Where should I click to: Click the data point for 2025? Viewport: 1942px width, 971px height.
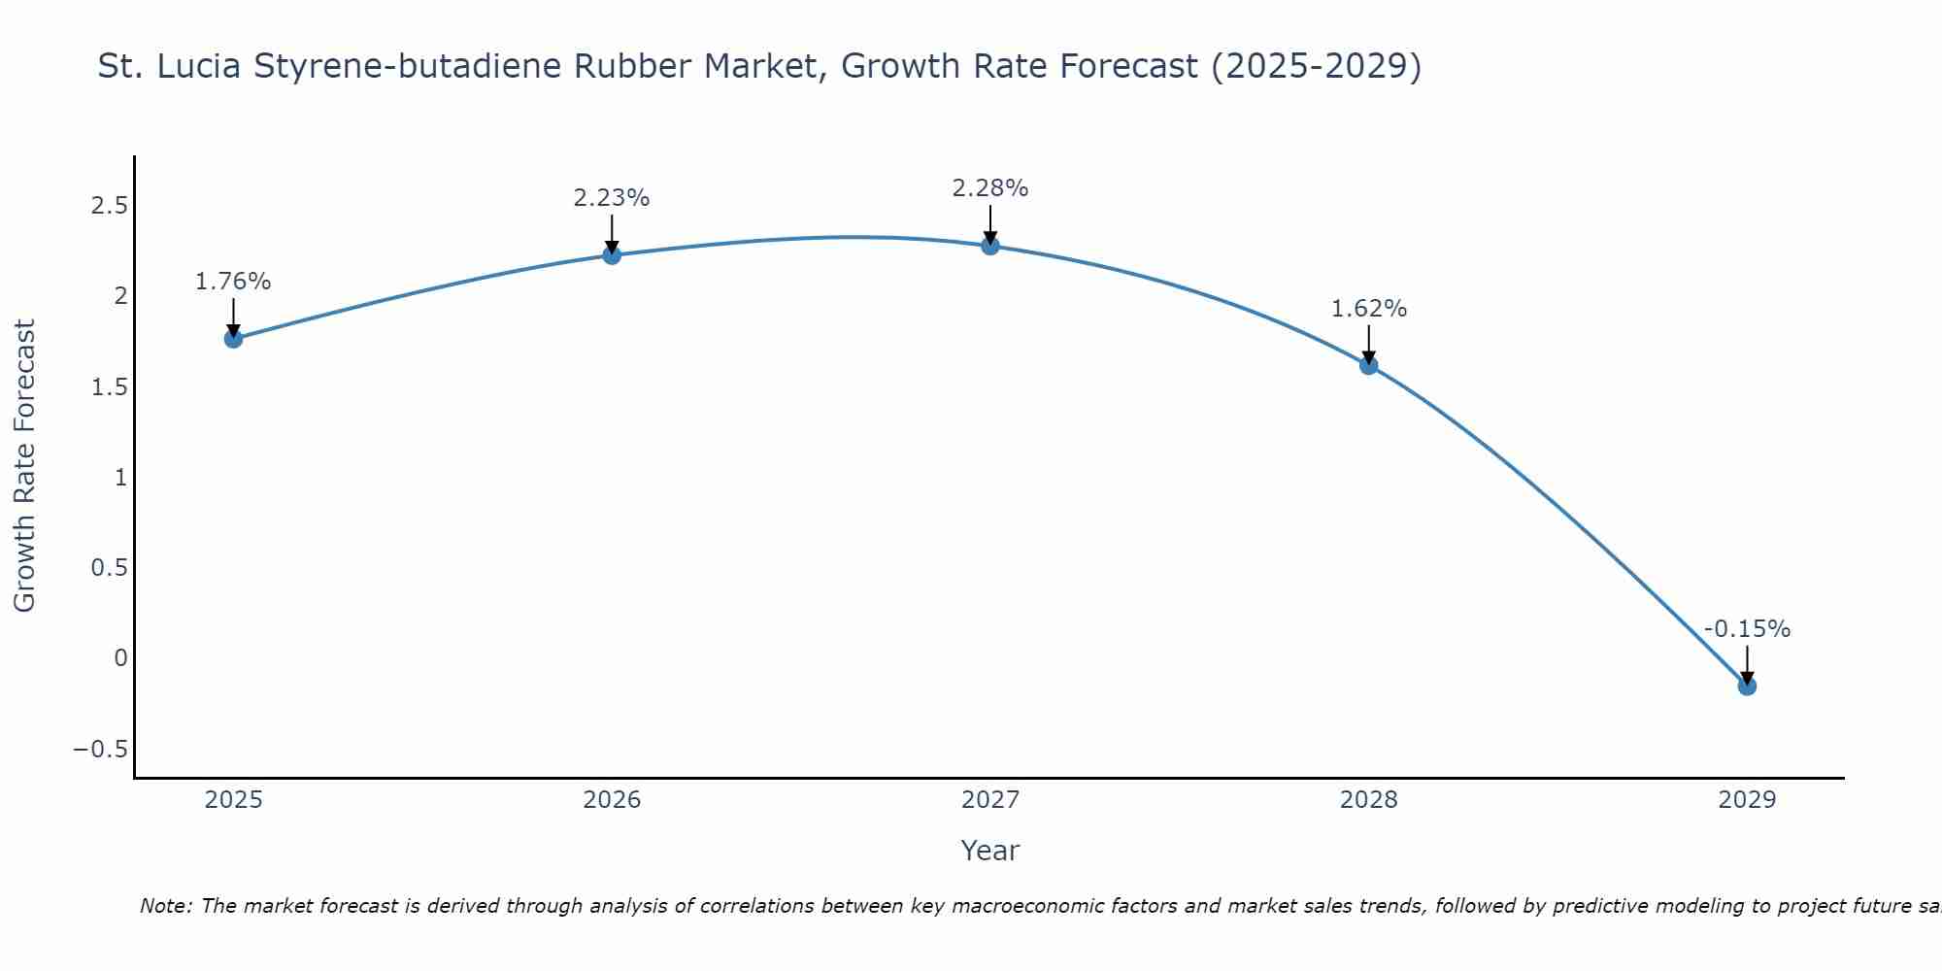[233, 339]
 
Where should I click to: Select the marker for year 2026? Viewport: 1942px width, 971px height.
[612, 255]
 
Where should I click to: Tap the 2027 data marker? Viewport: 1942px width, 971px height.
[990, 246]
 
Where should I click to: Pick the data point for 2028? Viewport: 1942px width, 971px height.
[1369, 365]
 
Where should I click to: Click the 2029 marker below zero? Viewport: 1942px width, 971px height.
[1747, 686]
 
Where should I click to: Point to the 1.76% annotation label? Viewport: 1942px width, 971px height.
[233, 282]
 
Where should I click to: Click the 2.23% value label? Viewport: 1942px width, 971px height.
[612, 198]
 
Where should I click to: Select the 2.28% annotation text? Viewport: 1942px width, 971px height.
[990, 188]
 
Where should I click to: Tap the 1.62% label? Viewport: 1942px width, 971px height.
[1369, 309]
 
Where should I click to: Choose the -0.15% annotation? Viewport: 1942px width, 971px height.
[1747, 629]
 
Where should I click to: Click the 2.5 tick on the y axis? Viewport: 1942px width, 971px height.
[109, 206]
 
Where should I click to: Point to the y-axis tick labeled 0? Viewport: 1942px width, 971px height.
[120, 658]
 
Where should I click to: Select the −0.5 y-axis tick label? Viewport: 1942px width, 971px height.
[100, 750]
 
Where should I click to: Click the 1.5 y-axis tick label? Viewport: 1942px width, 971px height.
[109, 387]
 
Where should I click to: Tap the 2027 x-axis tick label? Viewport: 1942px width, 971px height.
[990, 800]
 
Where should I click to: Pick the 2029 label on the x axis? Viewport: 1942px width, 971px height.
[1747, 800]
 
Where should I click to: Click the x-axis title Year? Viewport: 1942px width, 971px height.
[990, 852]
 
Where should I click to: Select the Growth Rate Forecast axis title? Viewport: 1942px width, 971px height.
[25, 466]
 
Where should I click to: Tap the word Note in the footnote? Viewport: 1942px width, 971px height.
[164, 907]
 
